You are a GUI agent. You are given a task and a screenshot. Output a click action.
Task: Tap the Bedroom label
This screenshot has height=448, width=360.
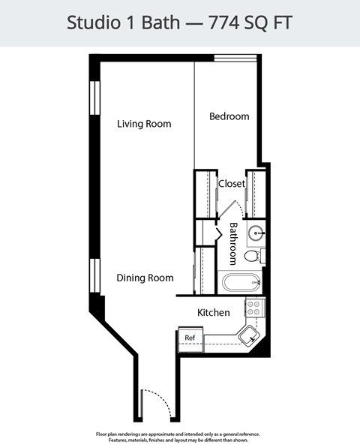(229, 116)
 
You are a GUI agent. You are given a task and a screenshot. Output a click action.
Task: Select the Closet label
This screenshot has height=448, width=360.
(232, 183)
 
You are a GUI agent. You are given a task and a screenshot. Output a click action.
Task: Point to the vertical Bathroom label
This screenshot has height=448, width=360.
(233, 243)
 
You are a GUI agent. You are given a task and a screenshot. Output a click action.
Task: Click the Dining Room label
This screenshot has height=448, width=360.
(145, 278)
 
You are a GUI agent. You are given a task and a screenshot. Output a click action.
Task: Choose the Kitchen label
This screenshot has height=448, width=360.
(213, 312)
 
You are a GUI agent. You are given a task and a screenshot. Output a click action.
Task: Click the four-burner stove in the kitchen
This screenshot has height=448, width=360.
(255, 306)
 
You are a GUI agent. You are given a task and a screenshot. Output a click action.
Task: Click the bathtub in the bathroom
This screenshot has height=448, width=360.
(241, 283)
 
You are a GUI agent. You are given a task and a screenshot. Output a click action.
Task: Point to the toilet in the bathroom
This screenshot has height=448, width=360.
(253, 256)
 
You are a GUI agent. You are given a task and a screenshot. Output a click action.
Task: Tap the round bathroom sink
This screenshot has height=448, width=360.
(256, 232)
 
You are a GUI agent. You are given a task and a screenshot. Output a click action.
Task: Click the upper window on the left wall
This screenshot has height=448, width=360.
(95, 98)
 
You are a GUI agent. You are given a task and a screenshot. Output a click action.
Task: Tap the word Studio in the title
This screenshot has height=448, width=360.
(91, 23)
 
